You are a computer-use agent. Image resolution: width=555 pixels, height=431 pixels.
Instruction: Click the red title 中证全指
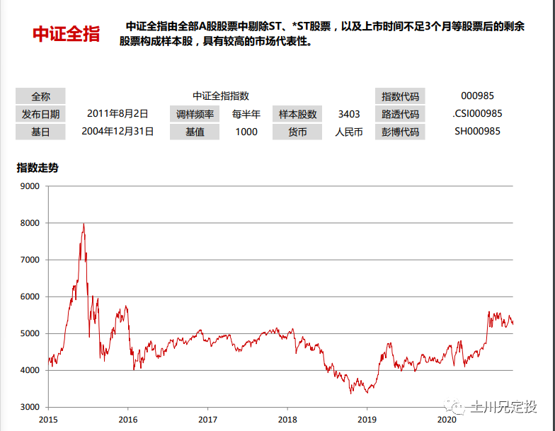coord(67,34)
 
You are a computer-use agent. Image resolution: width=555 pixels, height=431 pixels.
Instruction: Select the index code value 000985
coord(477,96)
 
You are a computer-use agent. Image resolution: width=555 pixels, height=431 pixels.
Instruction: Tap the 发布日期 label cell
coord(40,115)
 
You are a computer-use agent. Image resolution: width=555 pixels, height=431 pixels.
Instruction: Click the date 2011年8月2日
coord(118,114)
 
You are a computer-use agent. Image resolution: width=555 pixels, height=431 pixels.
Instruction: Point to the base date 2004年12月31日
coord(118,132)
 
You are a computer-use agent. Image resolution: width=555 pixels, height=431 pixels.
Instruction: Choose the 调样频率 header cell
coord(195,115)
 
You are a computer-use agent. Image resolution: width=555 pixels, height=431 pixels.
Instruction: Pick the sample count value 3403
coord(349,114)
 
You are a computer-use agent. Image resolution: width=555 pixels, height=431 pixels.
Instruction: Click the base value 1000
coord(246,132)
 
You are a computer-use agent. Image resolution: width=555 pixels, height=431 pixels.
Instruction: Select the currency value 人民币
coord(349,132)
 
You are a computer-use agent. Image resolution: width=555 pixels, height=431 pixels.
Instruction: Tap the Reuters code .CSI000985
coord(477,113)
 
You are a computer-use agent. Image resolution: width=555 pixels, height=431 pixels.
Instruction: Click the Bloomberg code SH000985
coord(477,132)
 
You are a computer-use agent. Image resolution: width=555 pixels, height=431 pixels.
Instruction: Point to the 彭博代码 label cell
coord(400,132)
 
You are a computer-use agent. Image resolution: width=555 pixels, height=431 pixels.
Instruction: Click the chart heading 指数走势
coord(38,168)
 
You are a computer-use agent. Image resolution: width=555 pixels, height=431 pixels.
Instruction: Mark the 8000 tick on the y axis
coord(30,223)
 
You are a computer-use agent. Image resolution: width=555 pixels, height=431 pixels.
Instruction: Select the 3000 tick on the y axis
coord(30,407)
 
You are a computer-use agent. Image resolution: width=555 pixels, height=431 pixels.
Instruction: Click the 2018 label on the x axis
coord(287,420)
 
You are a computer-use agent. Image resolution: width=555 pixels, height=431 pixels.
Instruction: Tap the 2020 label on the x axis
coord(447,420)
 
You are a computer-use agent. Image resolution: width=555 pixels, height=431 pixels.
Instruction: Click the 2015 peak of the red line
coord(84,224)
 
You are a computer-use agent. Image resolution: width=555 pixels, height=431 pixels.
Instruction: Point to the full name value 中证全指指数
coord(221,96)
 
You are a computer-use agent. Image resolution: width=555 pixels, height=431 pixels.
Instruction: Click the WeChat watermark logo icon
coord(454,406)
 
